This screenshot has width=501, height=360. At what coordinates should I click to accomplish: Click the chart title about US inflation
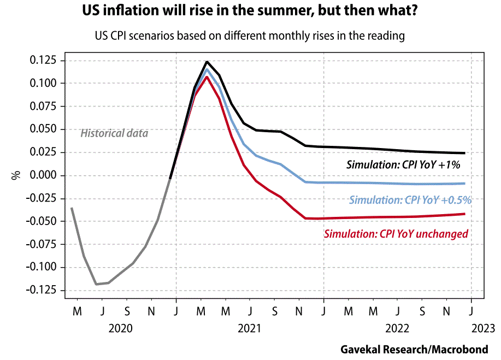tap(250, 11)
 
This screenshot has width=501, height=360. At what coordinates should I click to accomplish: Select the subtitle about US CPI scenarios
tap(250, 36)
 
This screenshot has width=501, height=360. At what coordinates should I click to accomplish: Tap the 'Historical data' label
tap(114, 133)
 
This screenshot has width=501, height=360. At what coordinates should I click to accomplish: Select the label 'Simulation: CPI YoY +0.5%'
tap(410, 200)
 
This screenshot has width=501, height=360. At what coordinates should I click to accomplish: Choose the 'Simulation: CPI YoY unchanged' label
tap(396, 234)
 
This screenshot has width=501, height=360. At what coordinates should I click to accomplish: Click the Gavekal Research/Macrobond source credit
tap(414, 349)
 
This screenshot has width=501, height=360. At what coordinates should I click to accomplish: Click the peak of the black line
tap(207, 62)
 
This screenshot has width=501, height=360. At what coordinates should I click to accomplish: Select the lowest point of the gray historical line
tap(96, 284)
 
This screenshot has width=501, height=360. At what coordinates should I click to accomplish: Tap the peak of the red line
tap(207, 76)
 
